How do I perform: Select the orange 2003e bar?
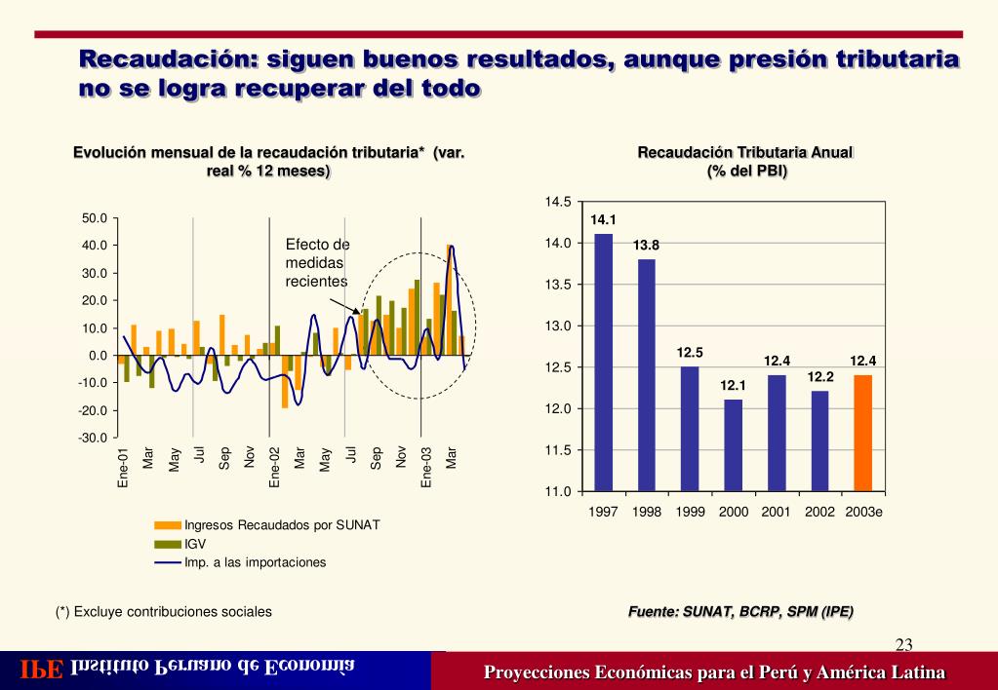click(x=862, y=432)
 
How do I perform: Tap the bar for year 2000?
click(x=733, y=444)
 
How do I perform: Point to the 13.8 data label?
click(x=646, y=246)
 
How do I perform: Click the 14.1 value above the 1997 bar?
click(x=604, y=220)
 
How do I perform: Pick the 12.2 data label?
click(x=819, y=377)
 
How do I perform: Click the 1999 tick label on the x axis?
click(x=690, y=512)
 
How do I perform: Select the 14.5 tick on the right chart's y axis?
click(x=558, y=202)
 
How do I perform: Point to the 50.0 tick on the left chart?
click(x=94, y=218)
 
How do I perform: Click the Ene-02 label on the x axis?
click(x=275, y=467)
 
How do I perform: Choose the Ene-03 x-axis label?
click(x=426, y=467)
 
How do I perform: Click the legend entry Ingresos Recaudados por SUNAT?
click(x=282, y=525)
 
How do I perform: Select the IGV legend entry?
click(x=195, y=544)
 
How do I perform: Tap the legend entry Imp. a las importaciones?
click(x=256, y=562)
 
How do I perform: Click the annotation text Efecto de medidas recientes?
click(x=317, y=262)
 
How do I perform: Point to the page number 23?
click(x=903, y=643)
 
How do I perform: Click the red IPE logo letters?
click(x=43, y=671)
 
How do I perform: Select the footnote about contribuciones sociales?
click(x=163, y=612)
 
